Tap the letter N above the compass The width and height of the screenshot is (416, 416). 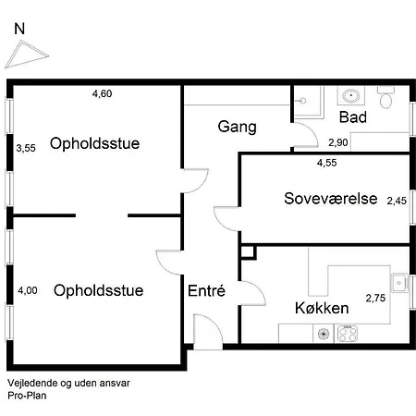click(x=19, y=29)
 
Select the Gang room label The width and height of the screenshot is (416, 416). click(x=237, y=127)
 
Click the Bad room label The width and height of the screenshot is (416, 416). click(x=353, y=117)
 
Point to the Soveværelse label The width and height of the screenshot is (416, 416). click(x=331, y=199)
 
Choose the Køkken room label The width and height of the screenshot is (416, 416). click(x=322, y=308)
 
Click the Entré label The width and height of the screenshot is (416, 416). click(x=206, y=290)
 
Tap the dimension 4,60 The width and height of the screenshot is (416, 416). click(x=102, y=93)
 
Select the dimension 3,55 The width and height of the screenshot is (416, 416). click(x=26, y=148)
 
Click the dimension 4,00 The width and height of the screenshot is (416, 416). click(x=28, y=290)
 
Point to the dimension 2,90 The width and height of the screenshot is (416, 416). click(x=338, y=142)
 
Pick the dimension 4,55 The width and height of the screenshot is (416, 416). click(x=326, y=163)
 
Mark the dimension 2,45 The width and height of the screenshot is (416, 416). click(x=397, y=201)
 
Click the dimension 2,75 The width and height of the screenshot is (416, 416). click(x=375, y=298)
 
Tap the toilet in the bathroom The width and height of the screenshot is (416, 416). click(x=385, y=97)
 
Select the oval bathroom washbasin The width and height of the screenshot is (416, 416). click(x=350, y=95)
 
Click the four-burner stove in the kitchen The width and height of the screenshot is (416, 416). click(x=348, y=334)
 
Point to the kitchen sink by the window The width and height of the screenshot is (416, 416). click(x=399, y=283)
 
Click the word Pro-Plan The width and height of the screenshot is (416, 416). click(x=27, y=396)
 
